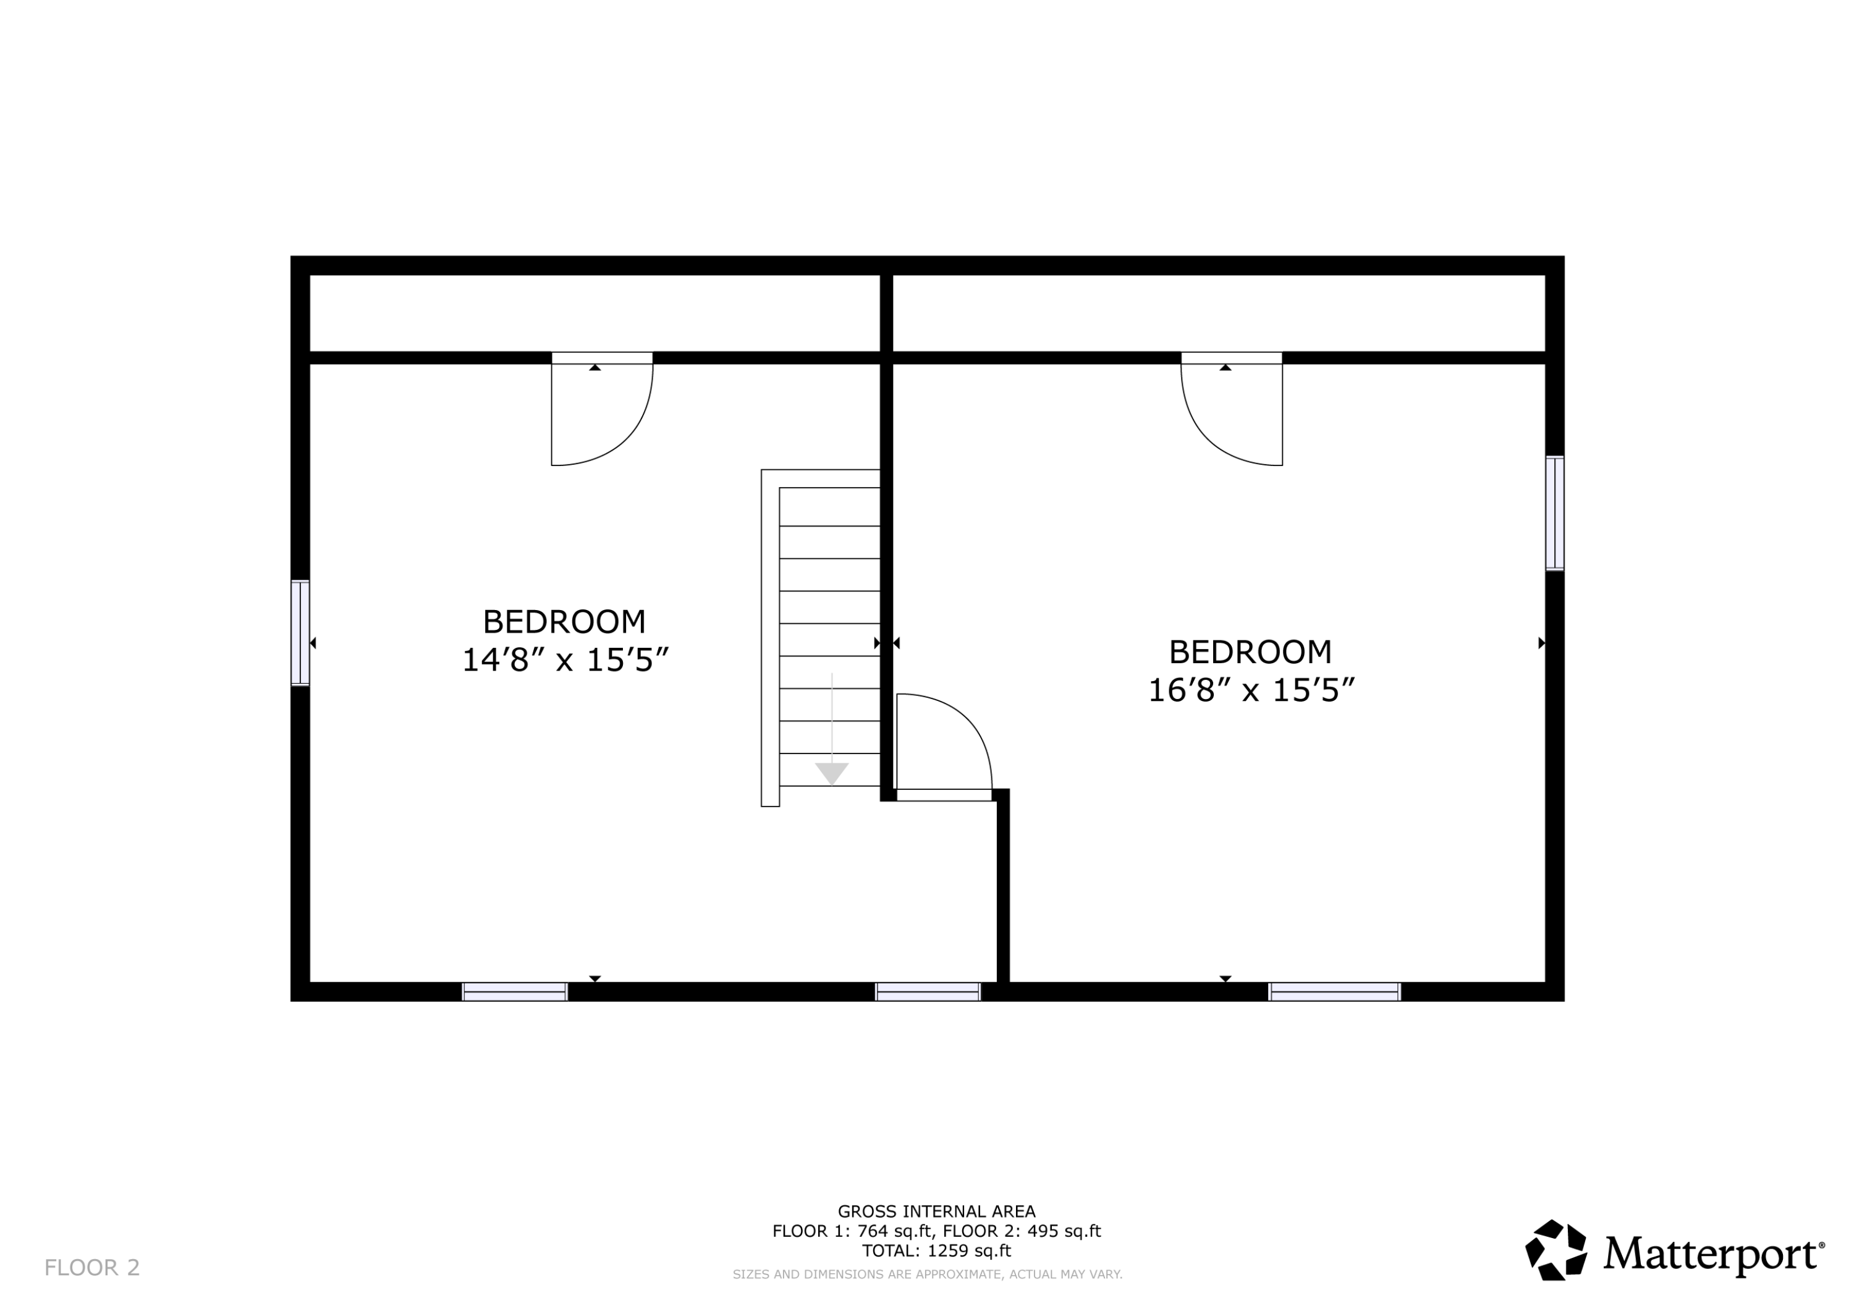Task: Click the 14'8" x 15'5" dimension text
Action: (565, 660)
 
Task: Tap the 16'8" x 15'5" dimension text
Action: (1251, 690)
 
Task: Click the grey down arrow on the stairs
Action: (832, 771)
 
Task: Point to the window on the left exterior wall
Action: (300, 632)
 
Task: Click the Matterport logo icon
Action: (1556, 1250)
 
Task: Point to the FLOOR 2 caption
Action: (92, 1267)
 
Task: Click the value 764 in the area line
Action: (872, 1231)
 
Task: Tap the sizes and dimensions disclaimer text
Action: (927, 1274)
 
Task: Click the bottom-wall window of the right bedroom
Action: (1334, 992)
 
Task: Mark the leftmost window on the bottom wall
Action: (515, 992)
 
